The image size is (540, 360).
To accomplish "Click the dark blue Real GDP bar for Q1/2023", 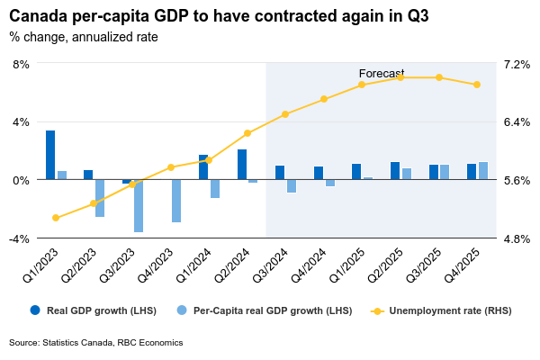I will click(x=50, y=155).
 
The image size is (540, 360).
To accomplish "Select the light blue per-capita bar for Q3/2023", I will click(x=139, y=205).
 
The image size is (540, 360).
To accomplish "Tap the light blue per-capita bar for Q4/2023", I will click(x=176, y=200).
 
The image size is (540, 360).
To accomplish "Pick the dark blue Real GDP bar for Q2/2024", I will click(x=242, y=165).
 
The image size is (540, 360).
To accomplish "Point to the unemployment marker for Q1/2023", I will click(x=56, y=218).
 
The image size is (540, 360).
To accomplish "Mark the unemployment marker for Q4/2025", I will click(x=477, y=85).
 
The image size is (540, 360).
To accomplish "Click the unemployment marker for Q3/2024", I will click(x=285, y=114).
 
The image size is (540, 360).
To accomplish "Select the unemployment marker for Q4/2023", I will click(x=171, y=167).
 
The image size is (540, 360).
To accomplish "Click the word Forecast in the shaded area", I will click(x=382, y=74).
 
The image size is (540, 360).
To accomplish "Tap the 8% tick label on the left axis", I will click(x=21, y=65).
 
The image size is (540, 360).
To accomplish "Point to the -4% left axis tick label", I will click(x=19, y=238).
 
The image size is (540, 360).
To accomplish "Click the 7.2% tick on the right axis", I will click(x=517, y=65).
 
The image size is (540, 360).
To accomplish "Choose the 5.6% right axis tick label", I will click(x=517, y=181).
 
